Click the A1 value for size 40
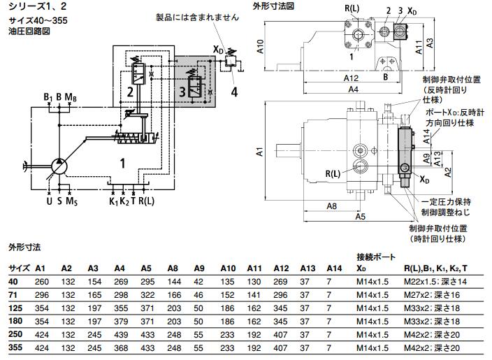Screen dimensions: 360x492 point(41,281)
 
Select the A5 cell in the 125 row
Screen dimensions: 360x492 point(146,308)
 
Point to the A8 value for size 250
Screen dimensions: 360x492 point(174,335)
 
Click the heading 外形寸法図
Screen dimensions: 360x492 point(273,6)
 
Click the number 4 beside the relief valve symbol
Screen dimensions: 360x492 point(235,91)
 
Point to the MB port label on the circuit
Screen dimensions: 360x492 point(71,96)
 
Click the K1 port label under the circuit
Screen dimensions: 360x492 point(113,202)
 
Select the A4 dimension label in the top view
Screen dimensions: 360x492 point(352,89)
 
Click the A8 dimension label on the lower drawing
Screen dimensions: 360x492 point(331,206)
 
